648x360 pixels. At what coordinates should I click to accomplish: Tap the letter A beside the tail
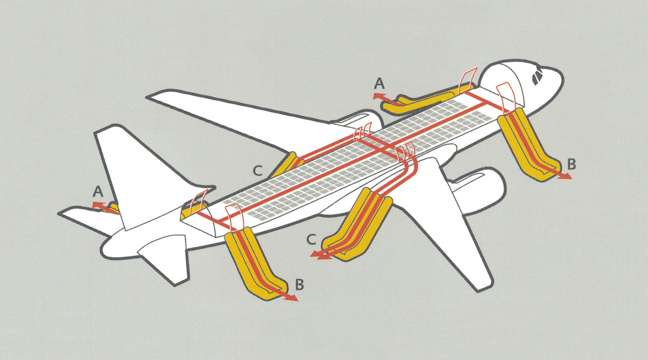pos(98,193)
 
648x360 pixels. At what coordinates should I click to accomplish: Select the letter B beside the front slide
pos(571,165)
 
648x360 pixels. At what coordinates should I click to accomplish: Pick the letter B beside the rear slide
pos(300,285)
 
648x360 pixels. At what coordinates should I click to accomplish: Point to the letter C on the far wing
pos(257,171)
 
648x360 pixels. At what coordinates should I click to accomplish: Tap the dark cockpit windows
pos(537,77)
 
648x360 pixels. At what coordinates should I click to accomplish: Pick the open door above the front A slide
pos(468,81)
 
